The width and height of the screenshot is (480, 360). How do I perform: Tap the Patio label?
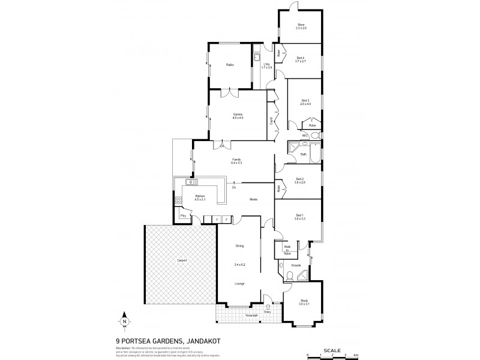229,65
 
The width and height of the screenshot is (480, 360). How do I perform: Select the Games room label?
238,116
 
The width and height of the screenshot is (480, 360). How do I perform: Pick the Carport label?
182,260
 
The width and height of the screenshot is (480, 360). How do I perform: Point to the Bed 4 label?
301,59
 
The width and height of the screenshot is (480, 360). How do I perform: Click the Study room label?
304,302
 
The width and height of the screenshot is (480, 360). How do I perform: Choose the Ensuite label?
296,264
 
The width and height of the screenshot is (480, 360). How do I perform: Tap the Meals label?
254,199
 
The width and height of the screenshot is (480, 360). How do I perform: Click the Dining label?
239,245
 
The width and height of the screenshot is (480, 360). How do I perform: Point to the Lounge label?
239,283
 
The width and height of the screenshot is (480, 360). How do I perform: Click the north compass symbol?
124,319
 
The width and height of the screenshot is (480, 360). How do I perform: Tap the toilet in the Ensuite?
289,277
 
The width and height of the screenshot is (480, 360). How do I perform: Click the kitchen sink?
193,182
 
